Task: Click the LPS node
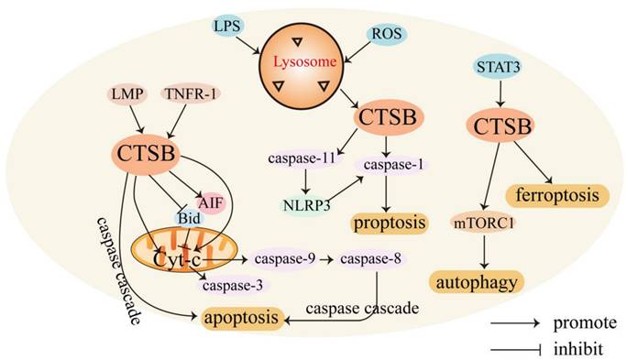tap(227, 27)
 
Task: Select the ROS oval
tap(386, 34)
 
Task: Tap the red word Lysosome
tap(304, 62)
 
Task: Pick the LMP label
tap(127, 94)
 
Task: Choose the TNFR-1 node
tap(191, 94)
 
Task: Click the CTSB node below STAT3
tap(502, 125)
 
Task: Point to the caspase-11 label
tap(302, 158)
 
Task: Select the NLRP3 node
tap(307, 205)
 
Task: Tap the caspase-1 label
tap(393, 165)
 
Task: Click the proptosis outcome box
tap(390, 223)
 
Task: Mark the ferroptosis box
tap(557, 195)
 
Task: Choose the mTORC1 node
tap(483, 224)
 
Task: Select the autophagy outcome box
tap(477, 282)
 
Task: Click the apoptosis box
tap(241, 318)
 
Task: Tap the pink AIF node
tap(210, 202)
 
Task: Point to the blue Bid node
tap(190, 218)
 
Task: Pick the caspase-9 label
tap(285, 259)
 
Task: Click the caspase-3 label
tap(233, 285)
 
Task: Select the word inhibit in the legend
tap(577, 349)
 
